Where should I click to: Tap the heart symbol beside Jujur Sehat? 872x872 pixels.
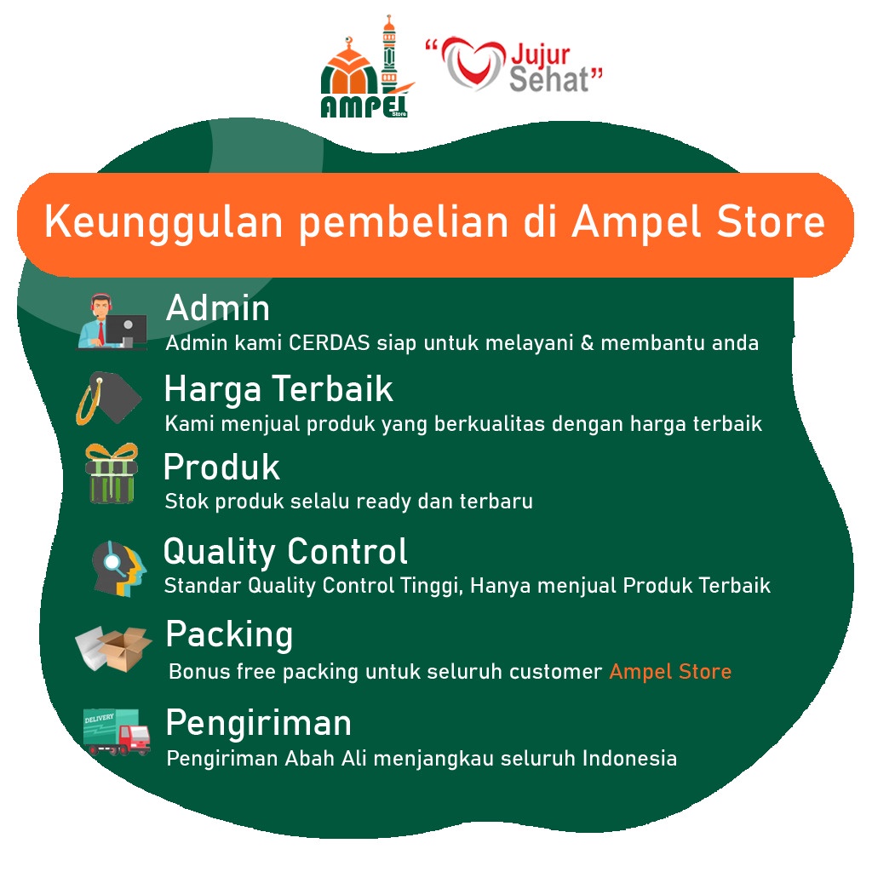473,63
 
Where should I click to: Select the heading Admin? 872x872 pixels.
217,308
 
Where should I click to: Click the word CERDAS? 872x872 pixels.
330,342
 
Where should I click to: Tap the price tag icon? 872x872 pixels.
108,399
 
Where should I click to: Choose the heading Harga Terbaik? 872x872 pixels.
278,388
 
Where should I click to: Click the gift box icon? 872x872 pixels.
112,473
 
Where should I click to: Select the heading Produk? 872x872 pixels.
221,467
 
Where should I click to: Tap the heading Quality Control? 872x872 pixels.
285,552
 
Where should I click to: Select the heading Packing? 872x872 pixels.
229,635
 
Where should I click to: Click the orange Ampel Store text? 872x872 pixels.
670,671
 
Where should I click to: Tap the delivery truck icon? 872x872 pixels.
117,731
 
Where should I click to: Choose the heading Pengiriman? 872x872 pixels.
259,724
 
